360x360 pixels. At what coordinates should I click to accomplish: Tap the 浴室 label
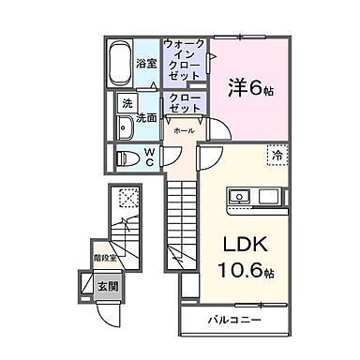click(144, 65)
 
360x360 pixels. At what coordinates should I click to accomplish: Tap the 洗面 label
click(145, 118)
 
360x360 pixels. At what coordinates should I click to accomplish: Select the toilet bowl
click(126, 157)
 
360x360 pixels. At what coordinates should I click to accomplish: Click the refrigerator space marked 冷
click(277, 155)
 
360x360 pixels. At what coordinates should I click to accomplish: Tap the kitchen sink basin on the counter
click(236, 198)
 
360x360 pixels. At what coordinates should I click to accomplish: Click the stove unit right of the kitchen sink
click(267, 198)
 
